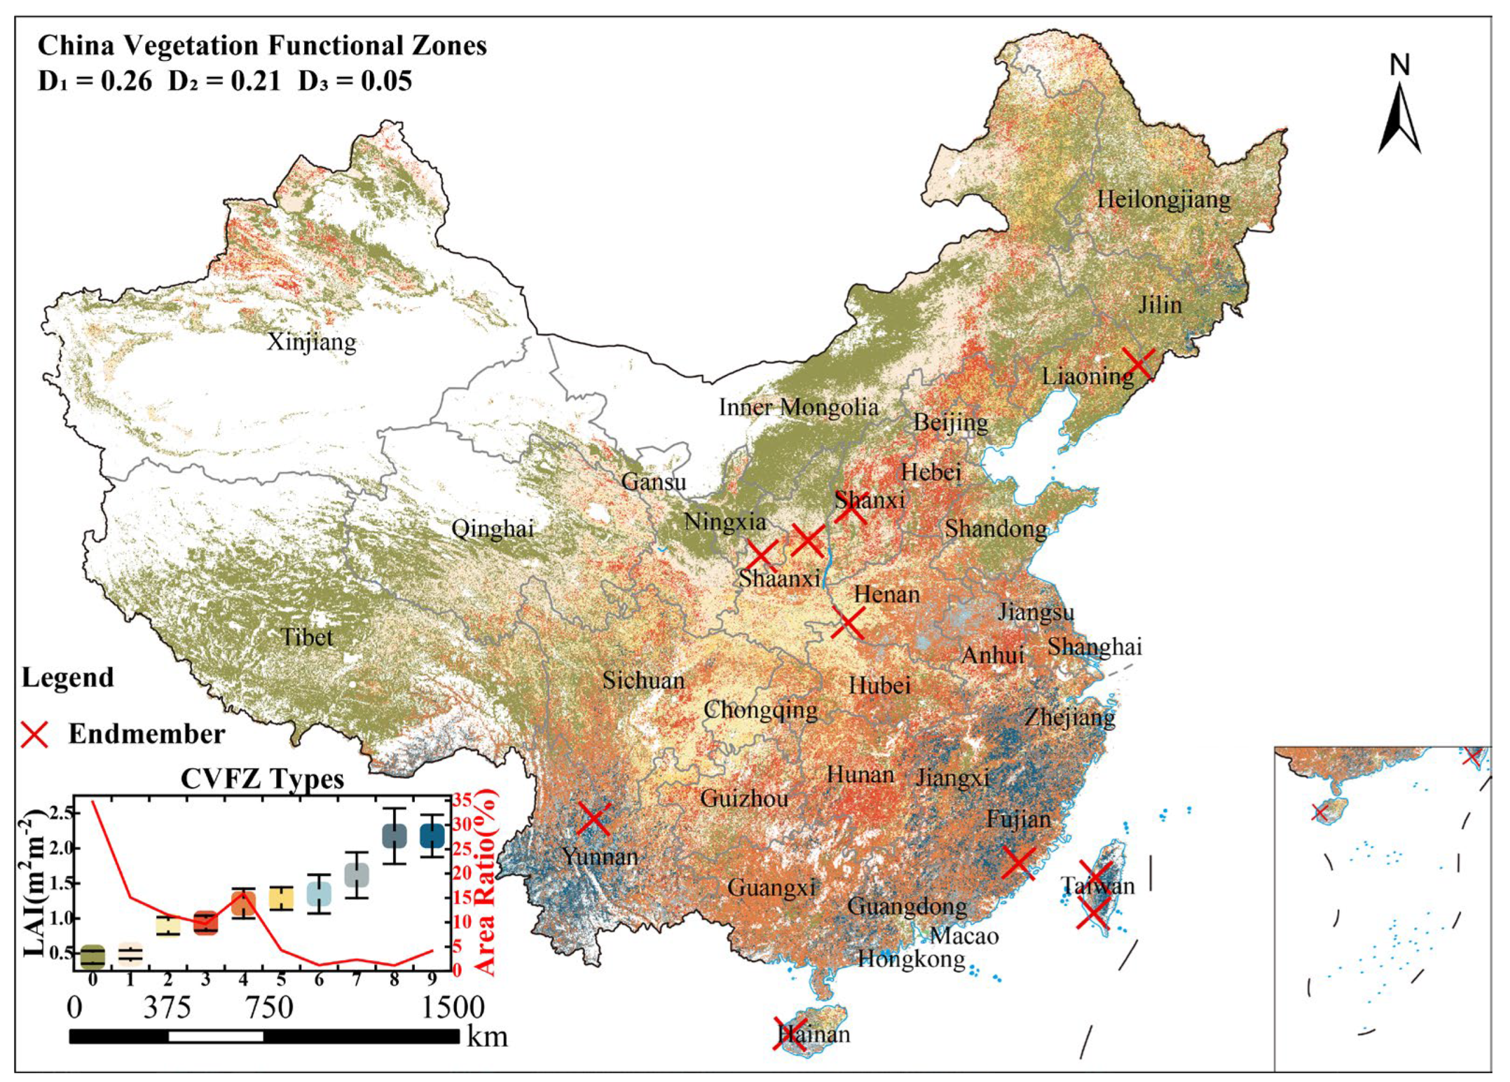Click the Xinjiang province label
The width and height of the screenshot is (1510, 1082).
(312, 343)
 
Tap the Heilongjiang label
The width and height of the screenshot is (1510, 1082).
(1164, 199)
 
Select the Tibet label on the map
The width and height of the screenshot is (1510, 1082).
(307, 638)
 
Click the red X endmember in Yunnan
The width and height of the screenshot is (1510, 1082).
(594, 819)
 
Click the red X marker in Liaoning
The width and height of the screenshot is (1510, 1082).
(1138, 364)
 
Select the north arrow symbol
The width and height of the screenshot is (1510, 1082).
(1399, 120)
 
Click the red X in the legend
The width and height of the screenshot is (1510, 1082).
(35, 734)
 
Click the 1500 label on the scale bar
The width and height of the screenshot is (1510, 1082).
(453, 1008)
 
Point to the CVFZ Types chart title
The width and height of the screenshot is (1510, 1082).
(262, 779)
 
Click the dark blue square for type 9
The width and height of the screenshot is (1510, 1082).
(432, 836)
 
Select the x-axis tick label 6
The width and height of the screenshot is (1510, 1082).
(319, 980)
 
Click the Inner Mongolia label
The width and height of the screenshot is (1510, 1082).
(798, 407)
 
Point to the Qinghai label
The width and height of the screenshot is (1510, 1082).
(493, 529)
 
